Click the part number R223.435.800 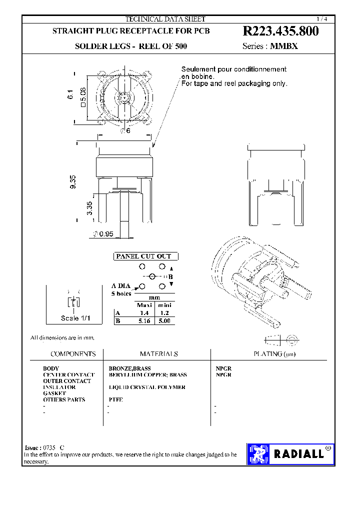[280, 31]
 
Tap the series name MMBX [284, 46]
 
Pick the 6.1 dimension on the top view [70, 94]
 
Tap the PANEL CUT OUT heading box [143, 256]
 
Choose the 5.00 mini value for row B [164, 321]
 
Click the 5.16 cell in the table [144, 321]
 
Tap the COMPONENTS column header [73, 353]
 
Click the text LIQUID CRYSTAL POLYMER [147, 387]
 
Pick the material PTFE [115, 399]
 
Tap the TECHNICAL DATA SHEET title [165, 19]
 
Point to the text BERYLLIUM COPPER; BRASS [147, 374]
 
